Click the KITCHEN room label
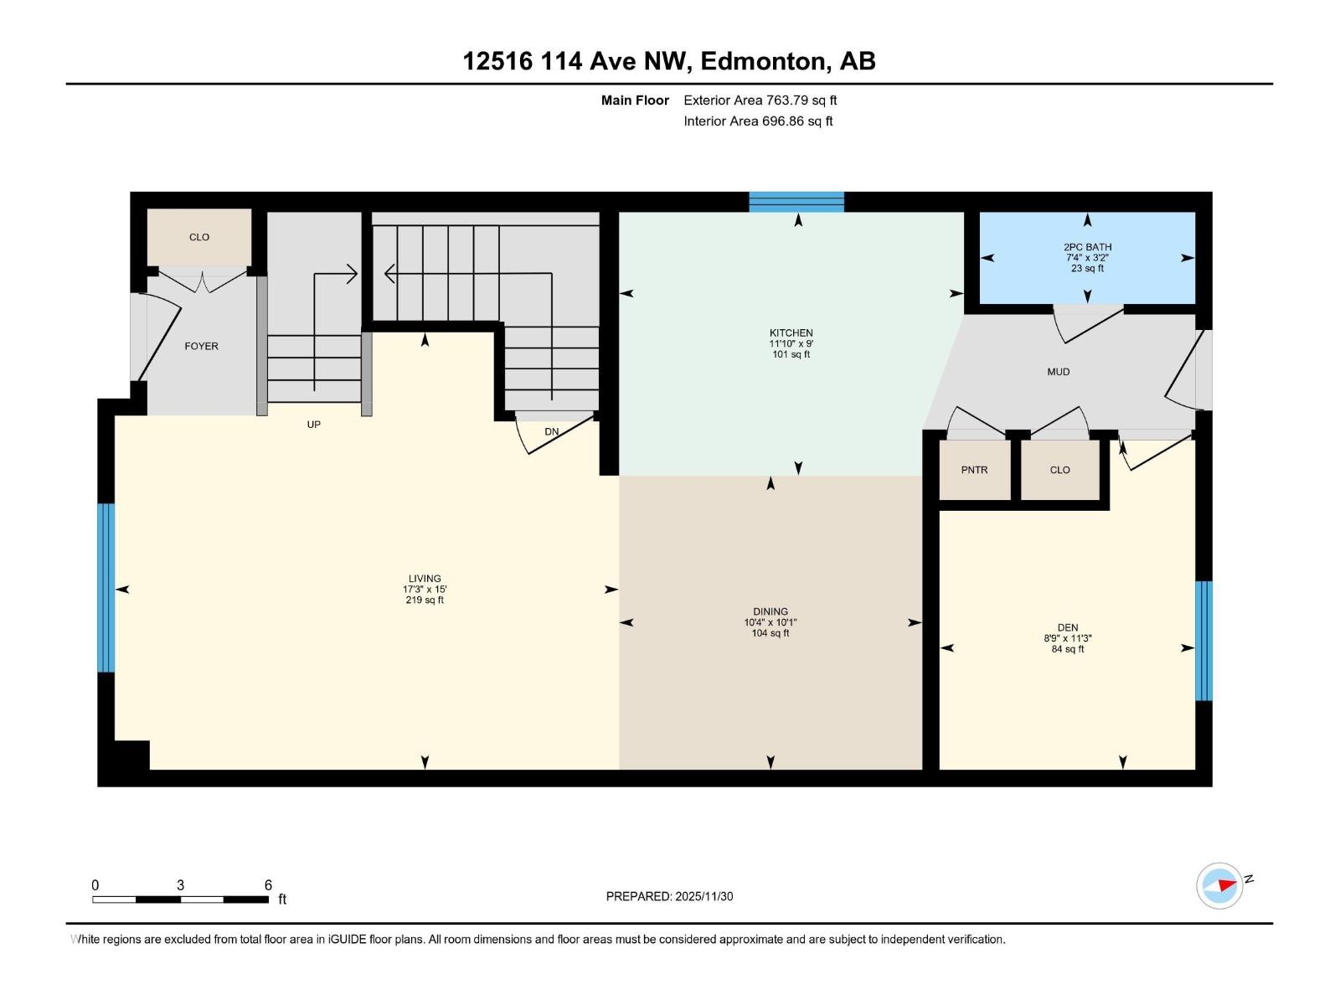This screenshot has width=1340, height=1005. (x=791, y=332)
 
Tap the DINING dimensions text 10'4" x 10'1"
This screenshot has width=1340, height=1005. (x=770, y=622)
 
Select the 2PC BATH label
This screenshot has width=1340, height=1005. (x=1087, y=247)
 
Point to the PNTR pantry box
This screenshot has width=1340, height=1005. (x=974, y=470)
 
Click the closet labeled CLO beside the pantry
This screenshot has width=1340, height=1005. (x=1059, y=470)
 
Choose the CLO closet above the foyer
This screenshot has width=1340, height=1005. (x=199, y=237)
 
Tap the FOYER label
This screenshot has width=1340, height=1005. (x=201, y=346)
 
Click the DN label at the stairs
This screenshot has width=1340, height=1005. (x=551, y=432)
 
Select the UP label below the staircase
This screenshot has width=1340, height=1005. (x=313, y=425)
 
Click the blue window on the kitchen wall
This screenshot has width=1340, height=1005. (x=796, y=202)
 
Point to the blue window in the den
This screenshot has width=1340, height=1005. (x=1203, y=641)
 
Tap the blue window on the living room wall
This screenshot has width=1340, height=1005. (x=106, y=588)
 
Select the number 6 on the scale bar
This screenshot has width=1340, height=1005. (x=268, y=885)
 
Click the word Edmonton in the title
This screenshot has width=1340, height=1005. (x=762, y=61)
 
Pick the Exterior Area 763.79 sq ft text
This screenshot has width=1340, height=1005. (x=760, y=100)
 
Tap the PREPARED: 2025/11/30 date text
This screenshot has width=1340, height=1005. (x=669, y=896)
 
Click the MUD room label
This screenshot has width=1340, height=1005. (x=1058, y=372)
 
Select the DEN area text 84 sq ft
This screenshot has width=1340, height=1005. (x=1067, y=649)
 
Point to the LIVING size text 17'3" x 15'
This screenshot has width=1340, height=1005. (x=425, y=590)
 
